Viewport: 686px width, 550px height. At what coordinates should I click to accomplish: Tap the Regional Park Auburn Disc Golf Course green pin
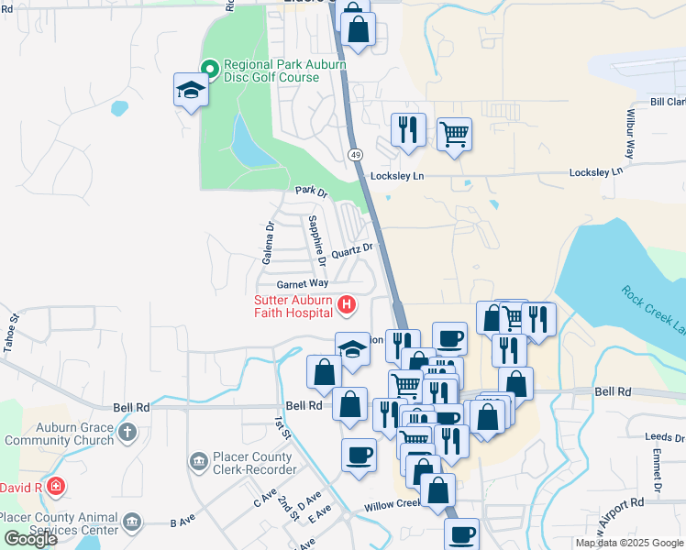(210, 67)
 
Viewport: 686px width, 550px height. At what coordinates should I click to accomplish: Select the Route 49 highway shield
(354, 154)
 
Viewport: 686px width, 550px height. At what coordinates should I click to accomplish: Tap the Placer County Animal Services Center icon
(133, 522)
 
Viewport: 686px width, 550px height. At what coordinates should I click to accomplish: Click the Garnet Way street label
(296, 285)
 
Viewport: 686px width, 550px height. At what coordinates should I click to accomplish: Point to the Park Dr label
(311, 191)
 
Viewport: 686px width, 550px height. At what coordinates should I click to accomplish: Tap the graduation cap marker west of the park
(191, 92)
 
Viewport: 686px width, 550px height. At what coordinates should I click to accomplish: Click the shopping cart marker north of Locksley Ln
(454, 134)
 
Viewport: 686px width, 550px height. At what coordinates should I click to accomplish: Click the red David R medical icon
(56, 485)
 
